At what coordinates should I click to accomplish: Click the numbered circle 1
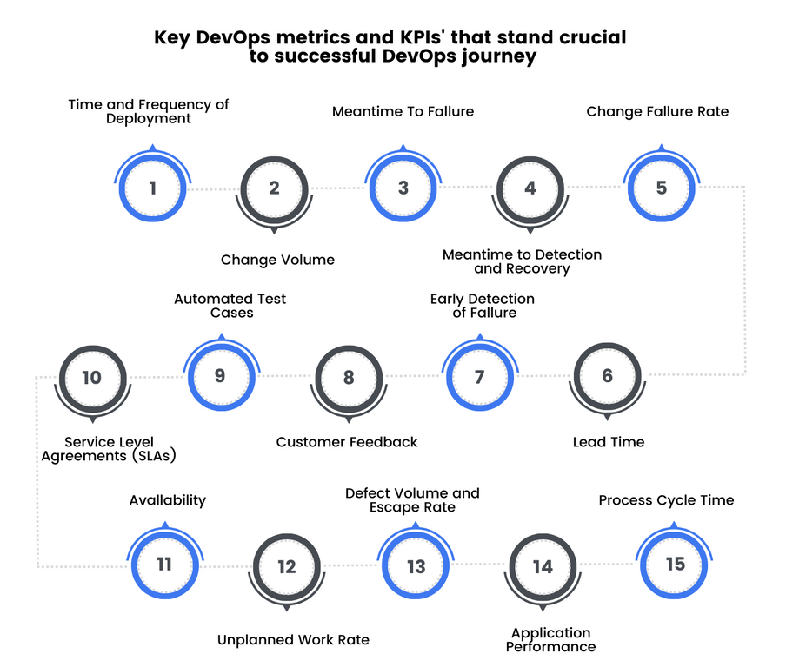click(153, 187)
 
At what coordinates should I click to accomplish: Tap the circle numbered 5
click(662, 187)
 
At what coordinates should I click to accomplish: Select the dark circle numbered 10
click(92, 378)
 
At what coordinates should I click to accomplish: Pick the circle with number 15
click(675, 564)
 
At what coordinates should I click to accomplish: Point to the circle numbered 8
click(349, 378)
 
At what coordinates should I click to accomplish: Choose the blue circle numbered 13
click(416, 566)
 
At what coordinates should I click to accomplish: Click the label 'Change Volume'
click(277, 260)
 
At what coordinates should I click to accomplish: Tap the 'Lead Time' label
click(609, 442)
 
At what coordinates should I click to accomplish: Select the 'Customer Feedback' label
click(347, 442)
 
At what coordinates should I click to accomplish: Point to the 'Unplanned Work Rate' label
click(293, 640)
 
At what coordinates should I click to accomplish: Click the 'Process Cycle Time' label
click(666, 500)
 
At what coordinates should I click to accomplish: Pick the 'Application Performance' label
click(551, 640)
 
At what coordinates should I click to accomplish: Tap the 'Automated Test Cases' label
click(230, 306)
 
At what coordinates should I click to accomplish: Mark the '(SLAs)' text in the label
click(159, 456)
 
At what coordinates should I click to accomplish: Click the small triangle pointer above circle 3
click(403, 149)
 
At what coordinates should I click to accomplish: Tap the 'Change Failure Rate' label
click(657, 111)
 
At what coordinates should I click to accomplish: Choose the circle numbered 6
click(608, 375)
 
